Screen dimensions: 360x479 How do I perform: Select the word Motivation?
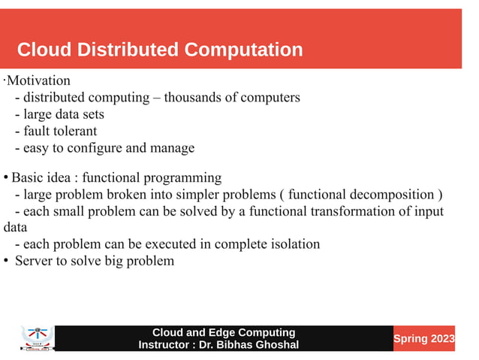(38, 80)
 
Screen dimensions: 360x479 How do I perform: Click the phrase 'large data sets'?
(64, 114)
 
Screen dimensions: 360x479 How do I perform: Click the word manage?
(173, 148)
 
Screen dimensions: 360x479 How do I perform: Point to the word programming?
(185, 178)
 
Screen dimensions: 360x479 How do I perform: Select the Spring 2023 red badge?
(424, 339)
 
